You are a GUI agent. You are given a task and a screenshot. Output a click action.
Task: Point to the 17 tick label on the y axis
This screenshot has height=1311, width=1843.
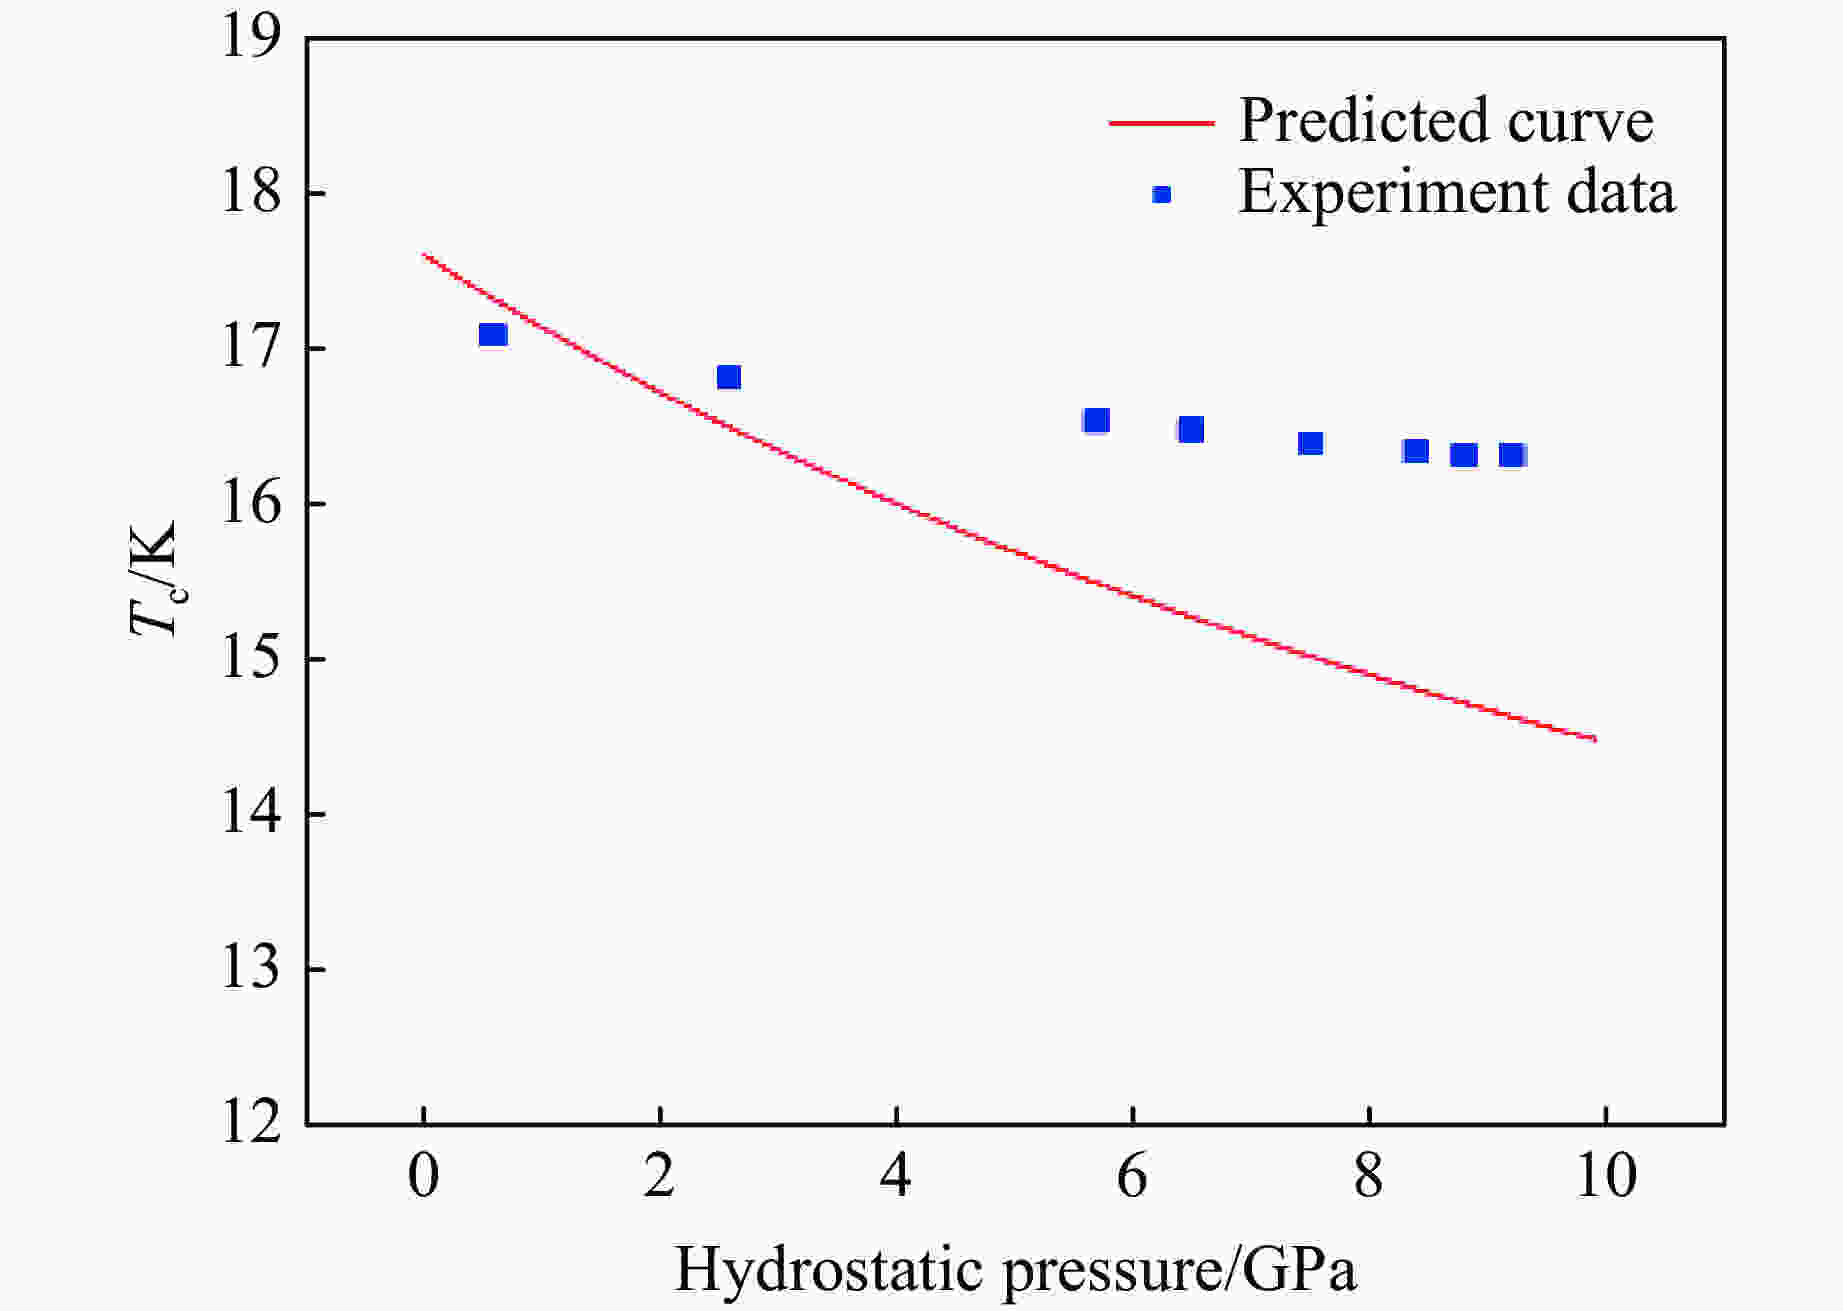251,349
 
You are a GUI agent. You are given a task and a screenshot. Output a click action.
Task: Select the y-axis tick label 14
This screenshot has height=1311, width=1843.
251,814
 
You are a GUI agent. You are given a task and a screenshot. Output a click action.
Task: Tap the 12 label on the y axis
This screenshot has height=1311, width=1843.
251,1124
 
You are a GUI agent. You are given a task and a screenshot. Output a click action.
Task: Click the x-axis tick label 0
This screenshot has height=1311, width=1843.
424,1177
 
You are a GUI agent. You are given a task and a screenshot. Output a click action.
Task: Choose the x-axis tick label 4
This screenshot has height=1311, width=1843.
896,1177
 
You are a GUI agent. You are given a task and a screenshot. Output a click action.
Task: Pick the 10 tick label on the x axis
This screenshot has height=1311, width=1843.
1605,1177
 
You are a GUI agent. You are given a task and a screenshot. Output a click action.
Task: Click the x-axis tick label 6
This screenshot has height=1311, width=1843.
1132,1177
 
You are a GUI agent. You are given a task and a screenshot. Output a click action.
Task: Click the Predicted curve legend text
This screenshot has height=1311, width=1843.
1446,120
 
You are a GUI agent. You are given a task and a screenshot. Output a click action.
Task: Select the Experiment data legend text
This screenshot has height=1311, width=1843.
1457,191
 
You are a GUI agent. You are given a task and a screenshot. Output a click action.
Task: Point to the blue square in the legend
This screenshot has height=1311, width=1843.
1161,194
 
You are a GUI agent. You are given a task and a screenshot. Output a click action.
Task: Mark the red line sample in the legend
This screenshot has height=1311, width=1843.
1161,123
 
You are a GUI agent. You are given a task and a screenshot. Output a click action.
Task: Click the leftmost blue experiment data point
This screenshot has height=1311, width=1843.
493,334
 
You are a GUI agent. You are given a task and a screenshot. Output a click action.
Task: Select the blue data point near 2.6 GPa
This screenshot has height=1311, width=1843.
729,377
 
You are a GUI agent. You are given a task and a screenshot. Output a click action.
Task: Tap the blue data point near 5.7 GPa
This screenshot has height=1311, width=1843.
1096,421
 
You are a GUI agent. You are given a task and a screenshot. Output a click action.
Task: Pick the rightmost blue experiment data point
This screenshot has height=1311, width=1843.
1511,456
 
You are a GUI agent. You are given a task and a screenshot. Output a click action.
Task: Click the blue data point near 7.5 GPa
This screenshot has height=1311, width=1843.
1310,443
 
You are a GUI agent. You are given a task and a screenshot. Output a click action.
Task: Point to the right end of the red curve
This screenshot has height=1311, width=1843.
1595,739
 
